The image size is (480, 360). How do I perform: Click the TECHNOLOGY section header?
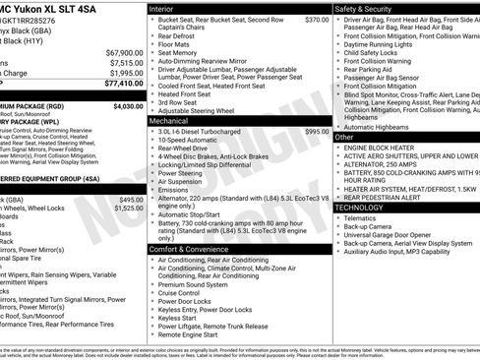coord(366,208)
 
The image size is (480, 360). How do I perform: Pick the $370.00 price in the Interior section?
coord(317,19)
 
